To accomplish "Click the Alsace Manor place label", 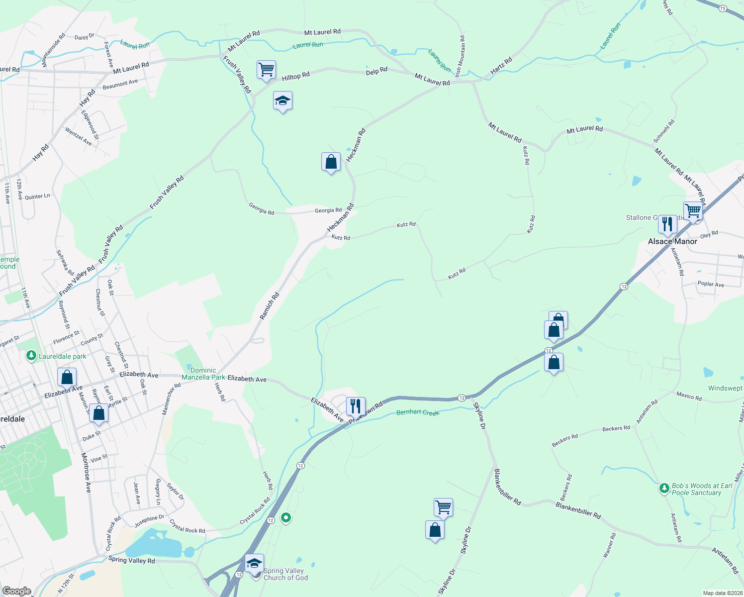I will (672, 241).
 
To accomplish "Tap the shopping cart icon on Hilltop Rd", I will (266, 70).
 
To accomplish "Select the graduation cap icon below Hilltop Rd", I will (282, 101).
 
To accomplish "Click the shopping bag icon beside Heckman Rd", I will (331, 162).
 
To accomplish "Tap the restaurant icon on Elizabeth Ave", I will (356, 406).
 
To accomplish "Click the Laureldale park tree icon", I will (31, 356).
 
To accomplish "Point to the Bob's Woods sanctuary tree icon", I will (664, 489).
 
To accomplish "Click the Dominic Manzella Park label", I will (203, 374).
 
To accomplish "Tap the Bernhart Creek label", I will (418, 412).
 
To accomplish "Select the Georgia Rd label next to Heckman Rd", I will (328, 210).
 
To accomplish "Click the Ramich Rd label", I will (270, 305).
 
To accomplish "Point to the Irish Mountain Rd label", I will (460, 56).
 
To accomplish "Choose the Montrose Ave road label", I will (87, 473).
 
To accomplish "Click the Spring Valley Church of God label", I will (285, 574).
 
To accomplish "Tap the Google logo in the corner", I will (16, 591).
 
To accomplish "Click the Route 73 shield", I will (723, 8).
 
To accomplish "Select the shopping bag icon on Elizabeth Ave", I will (67, 377).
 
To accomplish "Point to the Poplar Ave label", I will (711, 284).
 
